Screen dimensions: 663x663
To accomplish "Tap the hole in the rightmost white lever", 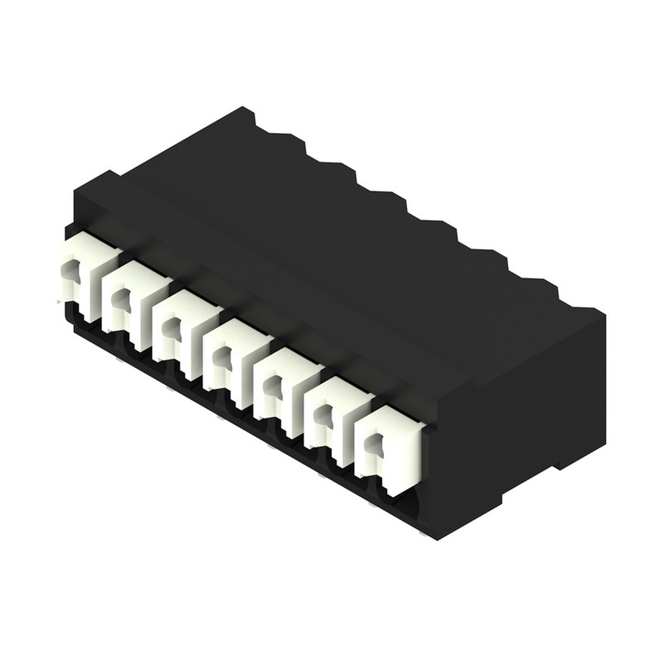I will (375, 444).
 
